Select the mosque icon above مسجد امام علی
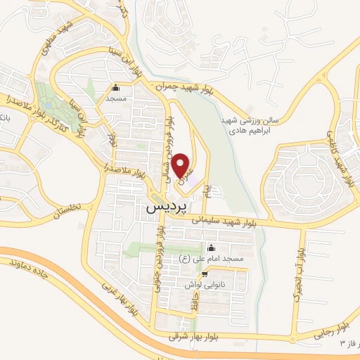tap(211, 247)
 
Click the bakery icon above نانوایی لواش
tap(204, 274)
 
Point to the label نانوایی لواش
tap(204, 285)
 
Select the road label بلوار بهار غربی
tap(117, 297)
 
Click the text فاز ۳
tap(349, 344)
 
